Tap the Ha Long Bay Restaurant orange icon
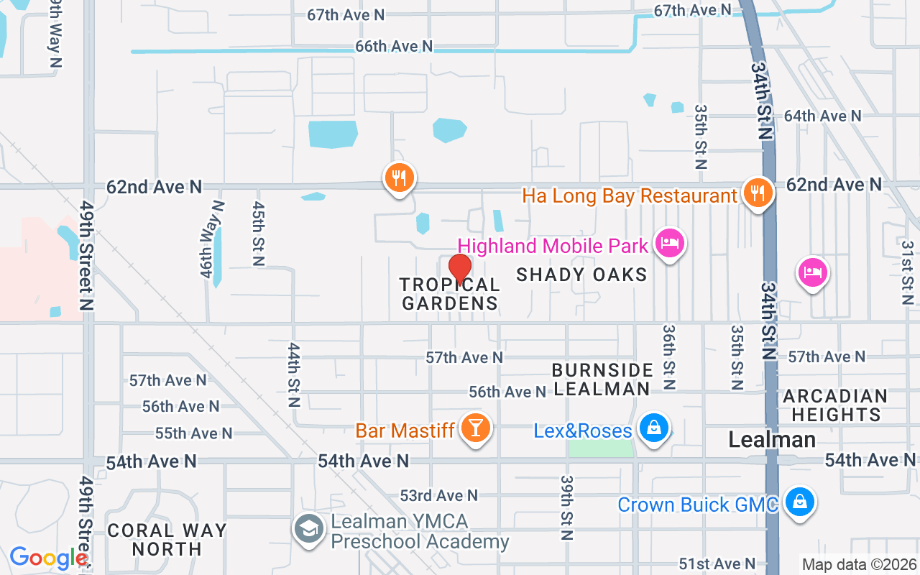pyautogui.click(x=758, y=193)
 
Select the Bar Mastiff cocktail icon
pyautogui.click(x=475, y=428)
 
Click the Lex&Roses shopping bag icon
pyautogui.click(x=653, y=428)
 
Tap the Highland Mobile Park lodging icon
pyautogui.click(x=669, y=243)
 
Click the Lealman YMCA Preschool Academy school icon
pyautogui.click(x=309, y=530)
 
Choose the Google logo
pyautogui.click(x=47, y=557)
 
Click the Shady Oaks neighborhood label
pyautogui.click(x=581, y=274)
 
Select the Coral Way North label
pyautogui.click(x=167, y=539)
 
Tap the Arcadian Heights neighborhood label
pyautogui.click(x=834, y=405)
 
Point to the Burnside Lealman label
pyautogui.click(x=602, y=379)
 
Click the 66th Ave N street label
pyautogui.click(x=394, y=46)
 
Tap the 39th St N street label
pyautogui.click(x=567, y=507)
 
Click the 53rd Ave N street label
pyautogui.click(x=438, y=495)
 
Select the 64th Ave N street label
pyautogui.click(x=822, y=116)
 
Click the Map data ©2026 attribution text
pyautogui.click(x=859, y=565)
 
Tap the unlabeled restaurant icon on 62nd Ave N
pyautogui.click(x=399, y=177)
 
